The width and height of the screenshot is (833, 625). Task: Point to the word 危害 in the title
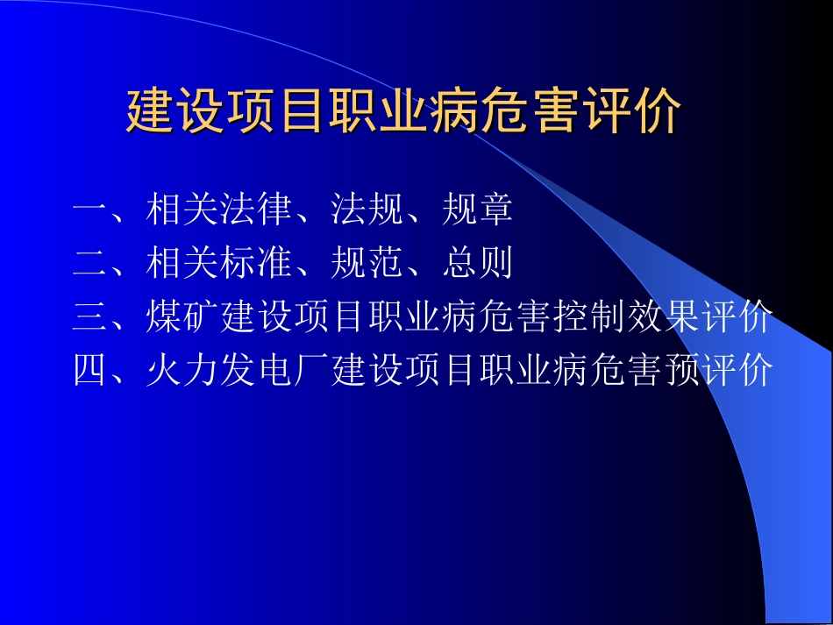542,113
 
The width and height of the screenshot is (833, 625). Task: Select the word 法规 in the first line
367,211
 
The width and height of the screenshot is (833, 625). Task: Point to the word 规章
478,211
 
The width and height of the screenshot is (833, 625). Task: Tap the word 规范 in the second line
367,264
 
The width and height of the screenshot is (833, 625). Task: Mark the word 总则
478,264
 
